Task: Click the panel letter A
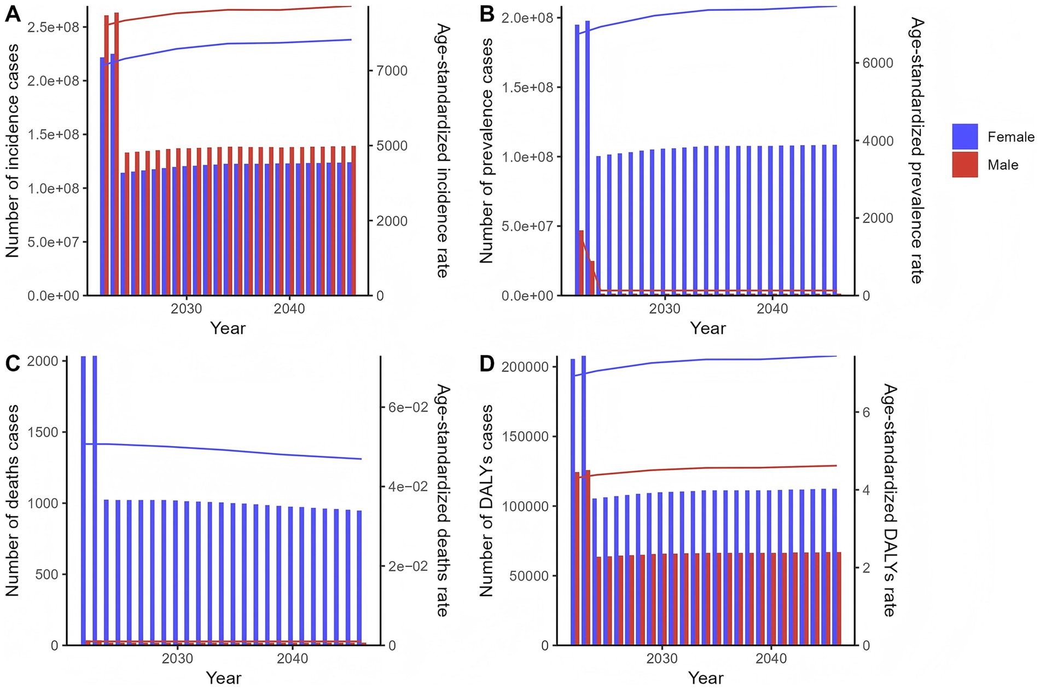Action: point(13,13)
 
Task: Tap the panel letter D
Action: point(487,364)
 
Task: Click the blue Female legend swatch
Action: point(965,136)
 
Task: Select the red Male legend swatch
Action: point(965,165)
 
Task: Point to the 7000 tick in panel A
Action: point(392,71)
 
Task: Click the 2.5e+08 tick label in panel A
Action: point(53,27)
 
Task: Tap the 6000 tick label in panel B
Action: point(874,63)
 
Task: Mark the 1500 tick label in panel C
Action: point(43,432)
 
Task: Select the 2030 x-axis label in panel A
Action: point(186,309)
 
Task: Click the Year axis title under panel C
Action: point(224,678)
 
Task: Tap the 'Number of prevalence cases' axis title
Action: point(486,150)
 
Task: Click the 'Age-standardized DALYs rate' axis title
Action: point(890,500)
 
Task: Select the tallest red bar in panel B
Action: point(581,263)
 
